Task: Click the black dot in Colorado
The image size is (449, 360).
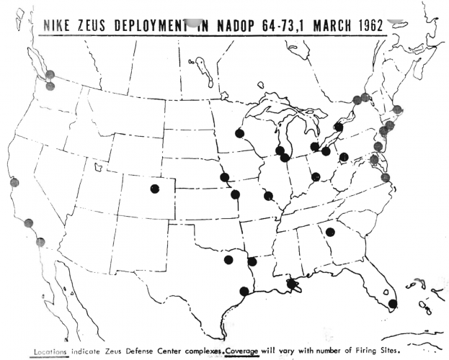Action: [154, 189]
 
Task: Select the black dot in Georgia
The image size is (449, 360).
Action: [330, 232]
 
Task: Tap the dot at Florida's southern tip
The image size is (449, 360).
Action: [392, 304]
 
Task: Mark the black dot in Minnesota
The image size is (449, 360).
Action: [239, 133]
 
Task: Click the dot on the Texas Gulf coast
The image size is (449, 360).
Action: [244, 291]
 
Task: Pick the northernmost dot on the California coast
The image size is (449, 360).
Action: [14, 182]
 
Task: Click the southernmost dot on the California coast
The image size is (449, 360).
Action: [40, 242]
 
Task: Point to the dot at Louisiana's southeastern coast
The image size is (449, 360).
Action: [292, 284]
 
